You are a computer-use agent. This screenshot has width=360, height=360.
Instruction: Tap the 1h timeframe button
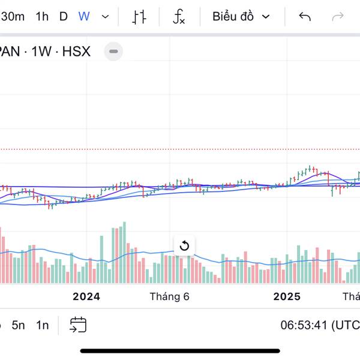42,16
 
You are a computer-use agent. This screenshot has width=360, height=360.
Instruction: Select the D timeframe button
64,16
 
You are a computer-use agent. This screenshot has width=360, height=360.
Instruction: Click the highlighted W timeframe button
84,16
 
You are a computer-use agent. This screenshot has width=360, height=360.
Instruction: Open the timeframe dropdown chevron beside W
106,16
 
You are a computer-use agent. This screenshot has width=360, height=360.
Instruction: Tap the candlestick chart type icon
139,17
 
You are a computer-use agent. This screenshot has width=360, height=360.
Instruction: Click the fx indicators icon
179,17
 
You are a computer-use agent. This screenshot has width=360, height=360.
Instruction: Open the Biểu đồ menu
241,16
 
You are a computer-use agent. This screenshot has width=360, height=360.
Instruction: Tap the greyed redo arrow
338,16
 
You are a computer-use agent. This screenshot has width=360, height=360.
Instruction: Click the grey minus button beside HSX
113,52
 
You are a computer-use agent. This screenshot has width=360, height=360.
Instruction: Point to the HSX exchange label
76,52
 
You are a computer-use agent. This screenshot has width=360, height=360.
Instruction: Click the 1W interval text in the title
42,52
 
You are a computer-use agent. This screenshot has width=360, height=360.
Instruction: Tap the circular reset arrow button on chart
184,245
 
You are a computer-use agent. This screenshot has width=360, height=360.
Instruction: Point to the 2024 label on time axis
86,296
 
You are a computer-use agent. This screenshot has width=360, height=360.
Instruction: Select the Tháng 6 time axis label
170,296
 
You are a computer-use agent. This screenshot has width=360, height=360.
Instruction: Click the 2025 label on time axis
287,296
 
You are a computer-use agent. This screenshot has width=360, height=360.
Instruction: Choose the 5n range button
19,325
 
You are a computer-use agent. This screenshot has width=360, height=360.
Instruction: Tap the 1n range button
42,325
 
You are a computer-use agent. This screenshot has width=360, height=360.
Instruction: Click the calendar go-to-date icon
78,325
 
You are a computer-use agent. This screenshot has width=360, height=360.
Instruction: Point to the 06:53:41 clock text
312,325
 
